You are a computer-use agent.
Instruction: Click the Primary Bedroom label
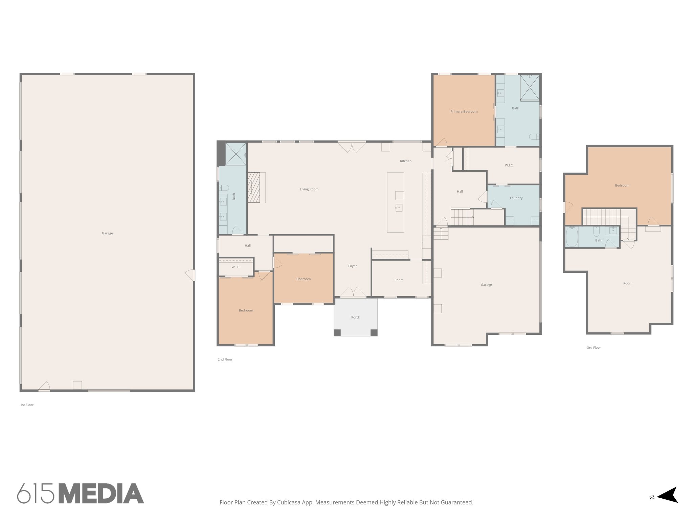464,111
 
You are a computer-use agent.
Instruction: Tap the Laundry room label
516,198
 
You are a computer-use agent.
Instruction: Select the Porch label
355,317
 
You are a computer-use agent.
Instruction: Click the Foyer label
352,266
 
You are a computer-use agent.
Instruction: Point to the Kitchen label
405,161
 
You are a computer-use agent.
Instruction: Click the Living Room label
309,189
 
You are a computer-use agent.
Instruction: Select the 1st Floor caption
27,405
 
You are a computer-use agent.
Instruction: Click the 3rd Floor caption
594,348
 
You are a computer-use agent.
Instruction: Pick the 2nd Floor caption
225,360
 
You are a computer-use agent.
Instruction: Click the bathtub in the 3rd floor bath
572,237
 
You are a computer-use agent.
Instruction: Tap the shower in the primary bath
530,88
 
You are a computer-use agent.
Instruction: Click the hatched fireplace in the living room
253,187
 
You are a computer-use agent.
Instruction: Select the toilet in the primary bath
534,137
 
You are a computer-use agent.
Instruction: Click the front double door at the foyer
353,292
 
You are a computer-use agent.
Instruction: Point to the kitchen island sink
399,208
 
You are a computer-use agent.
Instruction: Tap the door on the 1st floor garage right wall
191,275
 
